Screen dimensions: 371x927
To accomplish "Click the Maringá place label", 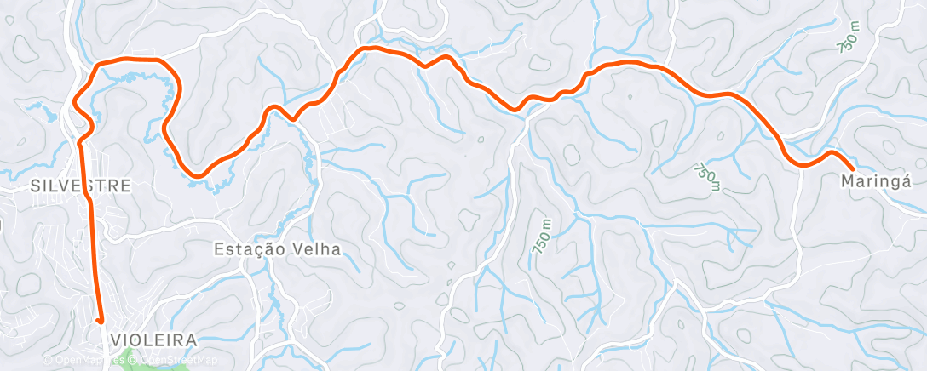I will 876,181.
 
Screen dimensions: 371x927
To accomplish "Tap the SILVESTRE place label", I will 81,185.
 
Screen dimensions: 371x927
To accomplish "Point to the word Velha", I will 317,249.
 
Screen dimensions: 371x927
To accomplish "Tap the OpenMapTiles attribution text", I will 83,360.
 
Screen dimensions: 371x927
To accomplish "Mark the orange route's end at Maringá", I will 852,170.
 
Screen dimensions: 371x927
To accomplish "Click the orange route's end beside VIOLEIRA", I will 100,321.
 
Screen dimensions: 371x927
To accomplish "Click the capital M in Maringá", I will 847,181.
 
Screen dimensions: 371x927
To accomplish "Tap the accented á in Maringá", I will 907,181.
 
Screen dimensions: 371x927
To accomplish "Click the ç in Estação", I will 261,250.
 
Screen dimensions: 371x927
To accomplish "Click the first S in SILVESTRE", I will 36,185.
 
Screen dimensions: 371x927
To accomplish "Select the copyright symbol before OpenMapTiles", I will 47,360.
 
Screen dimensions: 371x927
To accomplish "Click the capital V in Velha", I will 298,249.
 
